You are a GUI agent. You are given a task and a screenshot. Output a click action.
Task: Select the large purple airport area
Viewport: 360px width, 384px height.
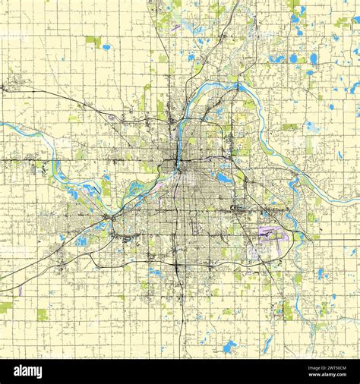pos(272,233)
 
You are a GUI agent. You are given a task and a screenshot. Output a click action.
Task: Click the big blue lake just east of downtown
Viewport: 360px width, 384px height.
pos(224,178)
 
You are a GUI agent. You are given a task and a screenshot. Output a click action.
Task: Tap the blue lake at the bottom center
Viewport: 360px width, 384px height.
pos(229,347)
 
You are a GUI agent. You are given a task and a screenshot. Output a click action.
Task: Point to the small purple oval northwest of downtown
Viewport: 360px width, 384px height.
pos(112,118)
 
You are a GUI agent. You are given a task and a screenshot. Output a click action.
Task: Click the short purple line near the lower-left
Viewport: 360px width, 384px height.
pos(21,290)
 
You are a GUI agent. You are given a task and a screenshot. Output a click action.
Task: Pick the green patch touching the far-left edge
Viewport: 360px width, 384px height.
pos(5,307)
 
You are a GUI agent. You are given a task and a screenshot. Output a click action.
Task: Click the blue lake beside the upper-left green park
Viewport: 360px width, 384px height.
pos(106,47)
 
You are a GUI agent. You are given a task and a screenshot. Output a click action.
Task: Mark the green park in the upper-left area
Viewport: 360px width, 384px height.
pos(93,40)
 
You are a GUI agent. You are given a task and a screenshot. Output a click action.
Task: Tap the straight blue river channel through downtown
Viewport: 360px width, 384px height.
pos(179,144)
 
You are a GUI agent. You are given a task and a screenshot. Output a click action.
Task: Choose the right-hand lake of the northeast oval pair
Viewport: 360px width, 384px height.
pos(314,58)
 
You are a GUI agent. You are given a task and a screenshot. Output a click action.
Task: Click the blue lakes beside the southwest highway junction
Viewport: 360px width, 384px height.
pos(81,241)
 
